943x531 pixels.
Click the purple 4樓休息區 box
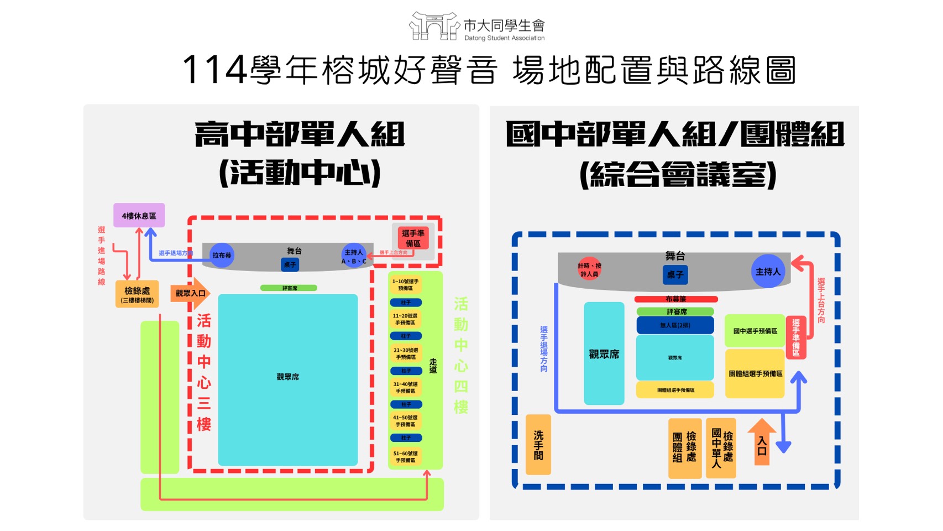139,215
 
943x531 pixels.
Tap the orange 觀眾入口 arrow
190,293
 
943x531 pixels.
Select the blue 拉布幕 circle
222,255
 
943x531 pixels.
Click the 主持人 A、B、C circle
354,256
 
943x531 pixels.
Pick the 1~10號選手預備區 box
405,285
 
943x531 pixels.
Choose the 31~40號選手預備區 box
405,387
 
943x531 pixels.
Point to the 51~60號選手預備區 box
405,456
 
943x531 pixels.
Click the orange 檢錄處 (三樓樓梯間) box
137,294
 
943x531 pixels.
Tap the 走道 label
433,366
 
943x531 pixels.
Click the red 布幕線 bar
675,299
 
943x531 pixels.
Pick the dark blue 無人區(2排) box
675,325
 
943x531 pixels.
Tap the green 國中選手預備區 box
755,331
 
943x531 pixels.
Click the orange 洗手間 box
538,445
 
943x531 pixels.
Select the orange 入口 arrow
762,442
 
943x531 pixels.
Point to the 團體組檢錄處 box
684,448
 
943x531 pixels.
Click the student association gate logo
434,26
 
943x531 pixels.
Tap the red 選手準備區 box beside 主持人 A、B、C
413,238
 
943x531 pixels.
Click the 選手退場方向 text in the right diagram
544,348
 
